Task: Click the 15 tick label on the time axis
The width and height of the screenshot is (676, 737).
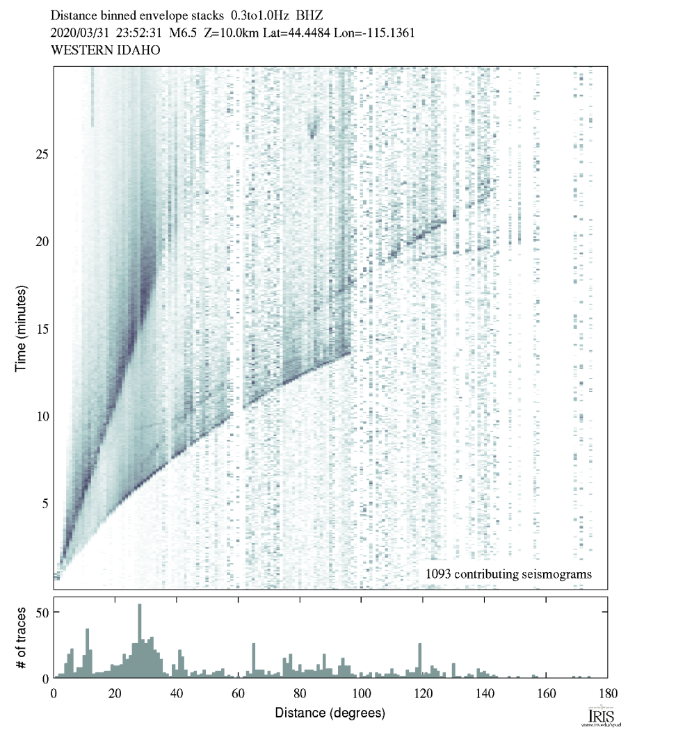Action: [x=41, y=328]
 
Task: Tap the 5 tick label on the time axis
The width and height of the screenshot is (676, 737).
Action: [x=44, y=503]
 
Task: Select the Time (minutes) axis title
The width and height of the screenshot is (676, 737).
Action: [x=22, y=327]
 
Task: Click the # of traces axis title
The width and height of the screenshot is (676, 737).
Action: [x=22, y=638]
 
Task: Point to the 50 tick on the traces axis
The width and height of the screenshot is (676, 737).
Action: [x=42, y=613]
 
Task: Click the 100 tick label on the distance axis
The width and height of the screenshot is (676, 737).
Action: [x=361, y=693]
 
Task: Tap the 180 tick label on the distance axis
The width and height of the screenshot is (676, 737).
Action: [x=607, y=693]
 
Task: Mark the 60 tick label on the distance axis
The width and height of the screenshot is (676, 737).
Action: [x=239, y=693]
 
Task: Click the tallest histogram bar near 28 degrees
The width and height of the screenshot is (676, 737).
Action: [x=140, y=640]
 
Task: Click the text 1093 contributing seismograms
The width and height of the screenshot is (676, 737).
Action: [x=508, y=574]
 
